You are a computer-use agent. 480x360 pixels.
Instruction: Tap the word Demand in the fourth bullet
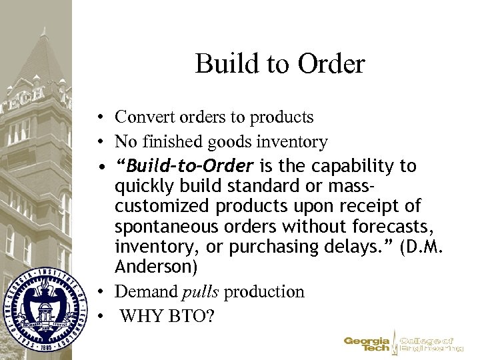tap(145, 291)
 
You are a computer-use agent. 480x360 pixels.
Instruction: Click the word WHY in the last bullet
tap(138, 313)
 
